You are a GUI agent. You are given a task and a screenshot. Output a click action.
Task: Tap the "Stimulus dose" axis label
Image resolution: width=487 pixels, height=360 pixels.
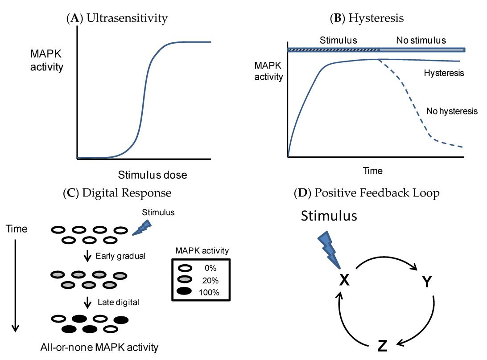click(153, 175)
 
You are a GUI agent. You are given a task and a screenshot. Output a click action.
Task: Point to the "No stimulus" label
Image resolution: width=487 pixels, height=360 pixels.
click(421, 40)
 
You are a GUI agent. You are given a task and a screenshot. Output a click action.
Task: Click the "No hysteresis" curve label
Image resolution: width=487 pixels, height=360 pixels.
click(452, 111)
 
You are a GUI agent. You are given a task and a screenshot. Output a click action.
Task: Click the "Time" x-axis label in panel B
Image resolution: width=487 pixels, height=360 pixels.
click(373, 170)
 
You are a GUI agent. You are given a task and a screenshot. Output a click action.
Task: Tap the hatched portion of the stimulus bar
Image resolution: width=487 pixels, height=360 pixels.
click(334, 49)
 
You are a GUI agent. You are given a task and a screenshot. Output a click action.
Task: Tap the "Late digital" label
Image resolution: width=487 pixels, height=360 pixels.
click(118, 302)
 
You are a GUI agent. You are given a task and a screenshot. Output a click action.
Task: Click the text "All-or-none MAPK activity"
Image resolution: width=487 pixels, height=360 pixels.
click(105, 347)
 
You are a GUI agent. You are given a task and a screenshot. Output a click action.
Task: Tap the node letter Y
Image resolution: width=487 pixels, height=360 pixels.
click(427, 281)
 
